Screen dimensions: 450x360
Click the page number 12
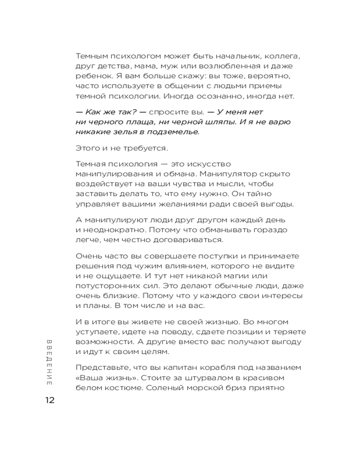tap(49, 400)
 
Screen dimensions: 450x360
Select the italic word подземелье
tap(172, 131)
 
